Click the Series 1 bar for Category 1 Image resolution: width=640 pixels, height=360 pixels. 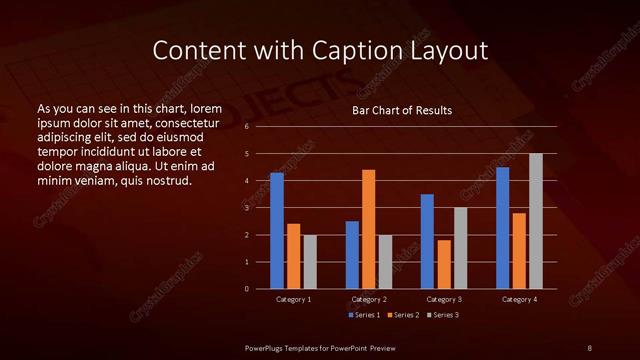tap(277, 231)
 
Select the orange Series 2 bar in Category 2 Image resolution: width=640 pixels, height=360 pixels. tap(369, 229)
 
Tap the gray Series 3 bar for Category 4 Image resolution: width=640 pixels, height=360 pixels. tap(536, 221)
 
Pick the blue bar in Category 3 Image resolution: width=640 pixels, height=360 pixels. tap(427, 241)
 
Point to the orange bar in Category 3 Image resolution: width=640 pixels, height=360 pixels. tap(444, 264)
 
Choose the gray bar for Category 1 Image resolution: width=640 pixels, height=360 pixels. tap(310, 262)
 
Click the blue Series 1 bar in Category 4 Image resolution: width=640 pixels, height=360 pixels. tap(503, 228)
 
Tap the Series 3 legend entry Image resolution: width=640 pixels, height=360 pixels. tap(443, 315)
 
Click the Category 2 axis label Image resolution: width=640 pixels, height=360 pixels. tap(369, 300)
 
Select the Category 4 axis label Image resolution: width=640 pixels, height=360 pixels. tap(519, 300)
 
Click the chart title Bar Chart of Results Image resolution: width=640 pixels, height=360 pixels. tap(402, 110)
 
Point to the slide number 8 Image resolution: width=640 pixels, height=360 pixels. tap(589, 346)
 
